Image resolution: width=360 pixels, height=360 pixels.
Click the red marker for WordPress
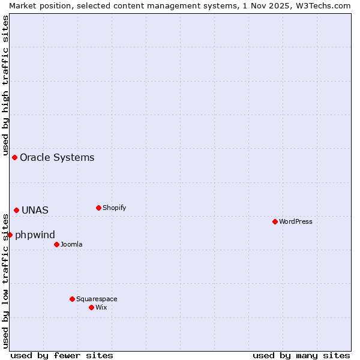(275, 221)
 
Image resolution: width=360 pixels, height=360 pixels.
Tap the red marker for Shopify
(98, 208)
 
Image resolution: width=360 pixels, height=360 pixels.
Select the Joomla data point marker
(56, 244)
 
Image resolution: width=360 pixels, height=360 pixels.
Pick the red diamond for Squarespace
(72, 299)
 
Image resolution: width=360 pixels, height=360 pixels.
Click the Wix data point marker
(91, 307)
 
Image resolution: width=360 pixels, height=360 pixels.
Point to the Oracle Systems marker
(14, 157)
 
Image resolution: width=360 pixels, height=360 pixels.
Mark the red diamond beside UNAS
(16, 210)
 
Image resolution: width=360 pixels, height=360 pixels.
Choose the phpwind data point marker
(10, 235)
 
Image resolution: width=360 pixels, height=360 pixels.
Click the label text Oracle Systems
(57, 158)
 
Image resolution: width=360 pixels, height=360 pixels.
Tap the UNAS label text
(35, 211)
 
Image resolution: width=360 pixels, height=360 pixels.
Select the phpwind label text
(35, 235)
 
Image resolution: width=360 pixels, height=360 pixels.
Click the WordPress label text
(296, 221)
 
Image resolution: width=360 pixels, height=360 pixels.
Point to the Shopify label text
(114, 208)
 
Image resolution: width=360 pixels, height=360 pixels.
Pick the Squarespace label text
(97, 299)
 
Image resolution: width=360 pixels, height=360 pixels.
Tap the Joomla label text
(71, 244)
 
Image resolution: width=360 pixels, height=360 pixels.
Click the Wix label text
(101, 307)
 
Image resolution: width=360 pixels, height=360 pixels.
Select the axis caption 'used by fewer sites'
(62, 355)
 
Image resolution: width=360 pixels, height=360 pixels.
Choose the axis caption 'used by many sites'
(301, 355)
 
